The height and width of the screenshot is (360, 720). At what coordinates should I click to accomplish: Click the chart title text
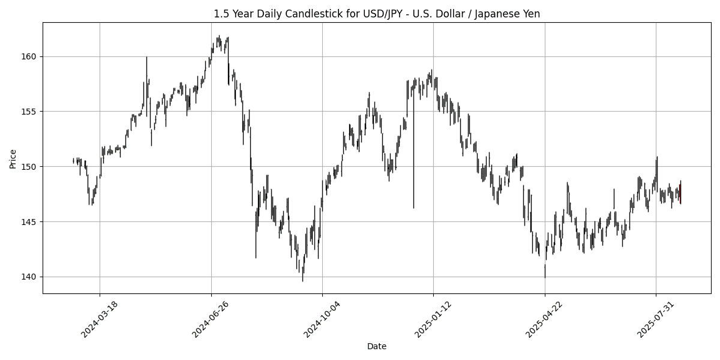377,14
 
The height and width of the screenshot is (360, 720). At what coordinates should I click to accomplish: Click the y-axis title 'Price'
13,158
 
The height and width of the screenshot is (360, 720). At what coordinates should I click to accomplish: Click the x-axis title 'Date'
377,346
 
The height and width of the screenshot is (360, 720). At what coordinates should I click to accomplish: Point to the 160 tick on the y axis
30,56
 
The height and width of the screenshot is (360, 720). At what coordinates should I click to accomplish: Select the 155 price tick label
30,112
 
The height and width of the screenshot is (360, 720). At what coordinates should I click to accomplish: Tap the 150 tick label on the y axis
30,167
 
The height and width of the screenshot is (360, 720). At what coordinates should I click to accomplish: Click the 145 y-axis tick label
30,222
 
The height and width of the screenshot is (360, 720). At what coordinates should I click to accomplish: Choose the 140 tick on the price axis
30,277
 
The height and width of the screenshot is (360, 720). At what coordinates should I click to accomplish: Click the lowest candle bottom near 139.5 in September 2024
302,280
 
